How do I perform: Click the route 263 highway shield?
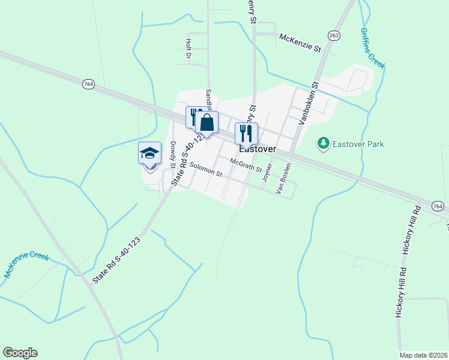pyautogui.click(x=334, y=35)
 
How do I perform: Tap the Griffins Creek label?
pyautogui.click(x=373, y=49)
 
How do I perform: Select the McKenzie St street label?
pyautogui.click(x=301, y=42)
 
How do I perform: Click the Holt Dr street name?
pyautogui.click(x=188, y=49)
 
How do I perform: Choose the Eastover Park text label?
pyautogui.click(x=359, y=144)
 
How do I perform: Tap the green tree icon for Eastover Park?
pyautogui.click(x=324, y=143)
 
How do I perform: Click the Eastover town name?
pyautogui.click(x=258, y=149)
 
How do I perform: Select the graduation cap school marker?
pyautogui.click(x=149, y=154)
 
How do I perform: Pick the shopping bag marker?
pyautogui.click(x=206, y=123)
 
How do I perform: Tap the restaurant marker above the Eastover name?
pyautogui.click(x=246, y=133)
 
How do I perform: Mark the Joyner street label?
pyautogui.click(x=268, y=172)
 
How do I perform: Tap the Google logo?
pyautogui.click(x=20, y=353)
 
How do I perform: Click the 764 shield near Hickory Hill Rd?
pyautogui.click(x=438, y=206)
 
